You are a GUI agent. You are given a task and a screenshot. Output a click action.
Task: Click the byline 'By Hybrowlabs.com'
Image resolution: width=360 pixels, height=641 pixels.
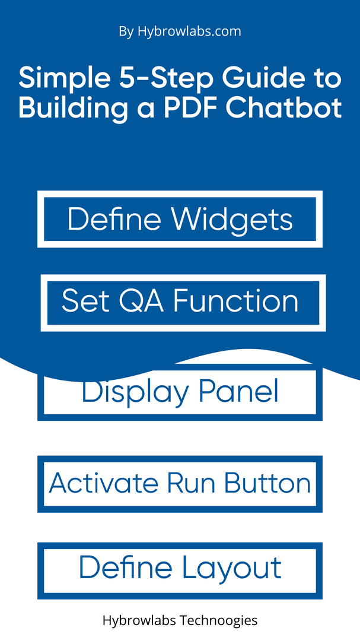point(180,32)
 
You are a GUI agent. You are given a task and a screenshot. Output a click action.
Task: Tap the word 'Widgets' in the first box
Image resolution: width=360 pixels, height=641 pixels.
point(232,221)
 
